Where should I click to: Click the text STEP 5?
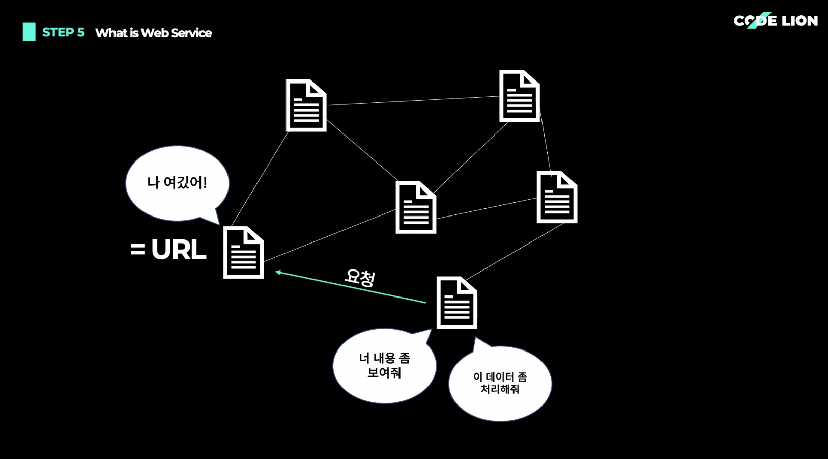tap(63, 32)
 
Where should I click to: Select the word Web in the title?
tap(155, 33)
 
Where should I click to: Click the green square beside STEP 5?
tap(29, 32)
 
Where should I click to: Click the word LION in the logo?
tap(800, 21)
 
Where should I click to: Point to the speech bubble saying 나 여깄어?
tap(177, 183)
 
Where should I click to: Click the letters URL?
tap(179, 250)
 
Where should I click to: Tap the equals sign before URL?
tap(137, 250)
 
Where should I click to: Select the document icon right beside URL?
tap(243, 252)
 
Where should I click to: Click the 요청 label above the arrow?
tap(360, 277)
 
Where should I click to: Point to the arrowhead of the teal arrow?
tap(278, 272)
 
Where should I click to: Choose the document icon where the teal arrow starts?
tap(456, 303)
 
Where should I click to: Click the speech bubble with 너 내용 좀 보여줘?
tap(384, 366)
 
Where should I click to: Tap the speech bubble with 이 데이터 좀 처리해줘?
tap(500, 383)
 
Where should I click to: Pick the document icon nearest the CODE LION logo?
tap(519, 96)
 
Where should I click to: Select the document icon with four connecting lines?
tap(416, 207)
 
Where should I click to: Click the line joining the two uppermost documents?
tap(412, 100)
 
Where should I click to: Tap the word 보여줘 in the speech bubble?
tap(384, 373)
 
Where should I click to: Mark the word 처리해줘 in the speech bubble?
tap(500, 389)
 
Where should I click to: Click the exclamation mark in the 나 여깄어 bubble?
tap(205, 182)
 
